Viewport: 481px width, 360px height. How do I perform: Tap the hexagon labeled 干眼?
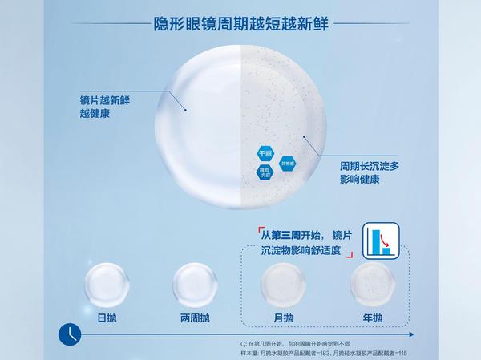coord(266,152)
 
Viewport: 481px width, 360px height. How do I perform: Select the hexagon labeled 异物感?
coord(288,164)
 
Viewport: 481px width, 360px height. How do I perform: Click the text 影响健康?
coord(360,180)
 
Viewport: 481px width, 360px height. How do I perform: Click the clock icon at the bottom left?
coord(70,332)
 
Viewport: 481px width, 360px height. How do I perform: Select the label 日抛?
coord(107,318)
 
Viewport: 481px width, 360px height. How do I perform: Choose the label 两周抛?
coord(196,318)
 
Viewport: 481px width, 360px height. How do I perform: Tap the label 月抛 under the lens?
coord(284,318)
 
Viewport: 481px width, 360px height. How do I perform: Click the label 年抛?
coord(372,318)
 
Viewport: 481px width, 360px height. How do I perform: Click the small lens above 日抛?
coord(107,282)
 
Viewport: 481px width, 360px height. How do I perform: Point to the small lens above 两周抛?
coord(196,282)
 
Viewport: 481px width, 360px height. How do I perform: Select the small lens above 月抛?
coord(285,282)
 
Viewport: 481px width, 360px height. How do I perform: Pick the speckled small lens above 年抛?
coord(373,282)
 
